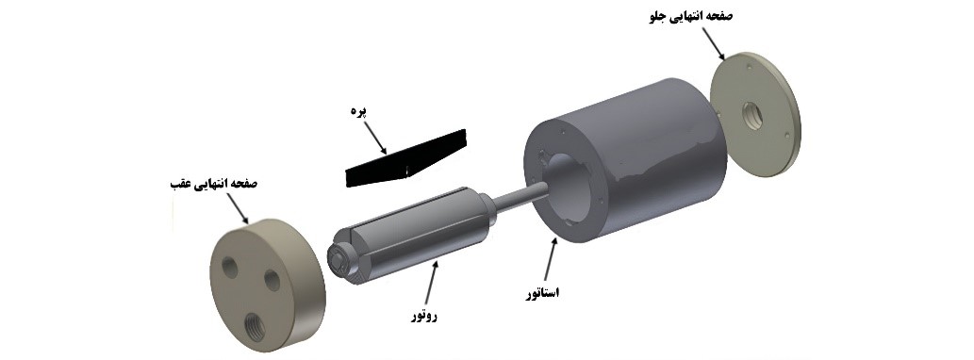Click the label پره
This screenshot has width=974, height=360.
358,112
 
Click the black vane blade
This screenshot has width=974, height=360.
404,158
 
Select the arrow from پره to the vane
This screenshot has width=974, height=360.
375,138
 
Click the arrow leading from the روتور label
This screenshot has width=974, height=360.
432,285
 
